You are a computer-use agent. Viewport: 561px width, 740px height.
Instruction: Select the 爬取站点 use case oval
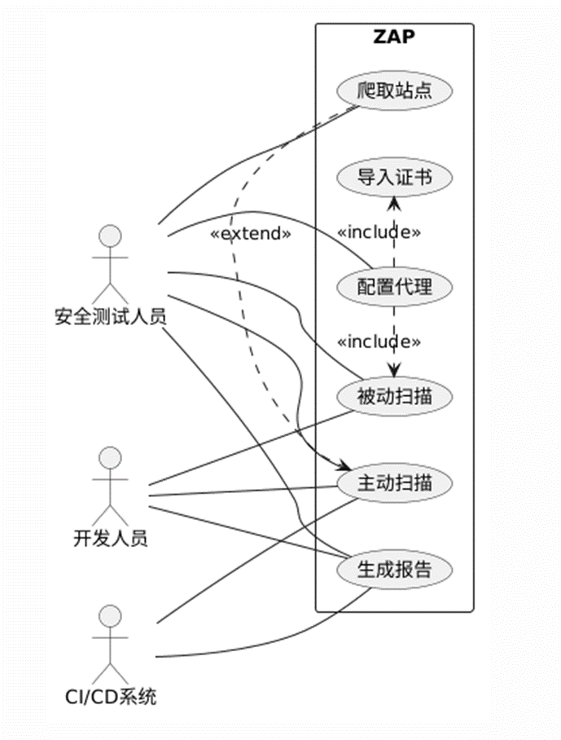click(x=394, y=90)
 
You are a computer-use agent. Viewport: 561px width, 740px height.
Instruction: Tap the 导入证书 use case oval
click(x=394, y=177)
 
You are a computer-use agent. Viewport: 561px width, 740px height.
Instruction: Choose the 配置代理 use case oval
click(x=394, y=287)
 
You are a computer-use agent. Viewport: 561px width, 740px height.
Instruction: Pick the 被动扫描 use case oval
click(x=394, y=397)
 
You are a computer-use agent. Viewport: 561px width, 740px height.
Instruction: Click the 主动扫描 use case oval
click(x=394, y=482)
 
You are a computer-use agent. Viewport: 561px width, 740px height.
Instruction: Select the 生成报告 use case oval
click(x=394, y=569)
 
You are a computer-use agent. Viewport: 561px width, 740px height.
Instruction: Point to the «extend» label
click(x=251, y=233)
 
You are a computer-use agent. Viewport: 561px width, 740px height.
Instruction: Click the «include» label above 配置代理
click(x=379, y=232)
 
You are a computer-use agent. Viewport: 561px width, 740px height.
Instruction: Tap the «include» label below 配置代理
click(x=379, y=341)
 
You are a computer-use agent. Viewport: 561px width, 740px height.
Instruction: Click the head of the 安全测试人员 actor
click(x=110, y=237)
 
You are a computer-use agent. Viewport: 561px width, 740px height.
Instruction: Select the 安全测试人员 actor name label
click(x=111, y=315)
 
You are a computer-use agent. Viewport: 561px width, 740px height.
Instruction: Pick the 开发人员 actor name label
click(x=111, y=538)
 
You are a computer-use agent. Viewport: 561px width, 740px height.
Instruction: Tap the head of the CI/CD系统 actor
click(x=110, y=616)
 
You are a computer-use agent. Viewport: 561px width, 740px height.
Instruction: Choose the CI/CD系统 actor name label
click(x=111, y=696)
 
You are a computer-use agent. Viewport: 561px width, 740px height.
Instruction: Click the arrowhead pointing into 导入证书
click(x=394, y=201)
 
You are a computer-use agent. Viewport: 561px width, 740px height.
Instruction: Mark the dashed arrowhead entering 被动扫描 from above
click(x=395, y=372)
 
